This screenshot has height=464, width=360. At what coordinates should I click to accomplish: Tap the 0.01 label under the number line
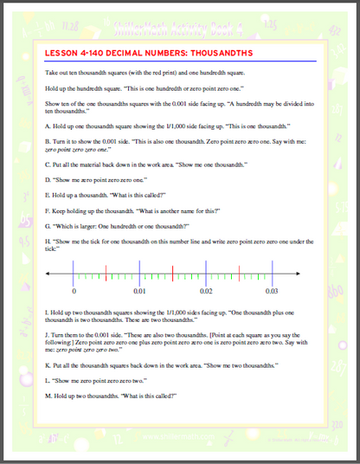139,291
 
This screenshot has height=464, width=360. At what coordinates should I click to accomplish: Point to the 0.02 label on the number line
205,291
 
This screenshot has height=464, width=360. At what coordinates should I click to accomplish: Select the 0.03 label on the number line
271,291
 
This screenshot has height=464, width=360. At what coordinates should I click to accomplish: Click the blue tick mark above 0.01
139,274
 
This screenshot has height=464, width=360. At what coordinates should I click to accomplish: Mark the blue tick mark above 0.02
205,274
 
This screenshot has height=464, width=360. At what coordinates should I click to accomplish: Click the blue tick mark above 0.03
271,274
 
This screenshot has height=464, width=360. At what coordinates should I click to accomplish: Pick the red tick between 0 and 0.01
106,274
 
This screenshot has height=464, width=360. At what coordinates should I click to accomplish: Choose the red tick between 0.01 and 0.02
172,274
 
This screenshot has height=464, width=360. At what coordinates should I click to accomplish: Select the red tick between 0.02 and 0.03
238,274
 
